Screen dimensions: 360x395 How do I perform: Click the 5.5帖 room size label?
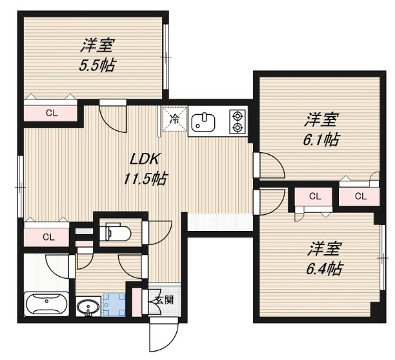pyautogui.click(x=98, y=65)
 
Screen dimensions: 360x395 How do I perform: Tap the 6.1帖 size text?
pyautogui.click(x=322, y=139)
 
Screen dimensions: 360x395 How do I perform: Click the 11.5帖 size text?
pyautogui.click(x=145, y=179)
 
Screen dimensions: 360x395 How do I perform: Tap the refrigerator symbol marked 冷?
pyautogui.click(x=174, y=118)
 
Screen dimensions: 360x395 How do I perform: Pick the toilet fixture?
pyautogui.click(x=116, y=230)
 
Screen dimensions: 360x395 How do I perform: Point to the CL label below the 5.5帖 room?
pyautogui.click(x=51, y=112)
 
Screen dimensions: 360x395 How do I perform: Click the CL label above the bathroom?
pyautogui.click(x=49, y=237)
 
